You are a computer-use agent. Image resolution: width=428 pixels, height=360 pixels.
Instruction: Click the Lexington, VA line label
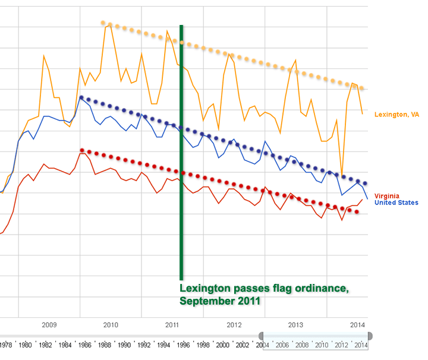click(x=396, y=114)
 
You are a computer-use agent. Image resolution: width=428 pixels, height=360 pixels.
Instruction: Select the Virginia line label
click(x=387, y=196)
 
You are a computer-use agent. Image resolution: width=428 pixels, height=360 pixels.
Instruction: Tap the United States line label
click(x=396, y=203)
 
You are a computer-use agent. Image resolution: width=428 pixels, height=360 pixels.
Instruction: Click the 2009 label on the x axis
click(x=49, y=325)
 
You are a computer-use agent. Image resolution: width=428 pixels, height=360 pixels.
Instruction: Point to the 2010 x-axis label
click(x=110, y=325)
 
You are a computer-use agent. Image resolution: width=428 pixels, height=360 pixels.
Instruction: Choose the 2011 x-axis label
click(x=172, y=325)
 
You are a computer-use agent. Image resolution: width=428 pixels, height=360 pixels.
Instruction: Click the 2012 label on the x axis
click(x=234, y=325)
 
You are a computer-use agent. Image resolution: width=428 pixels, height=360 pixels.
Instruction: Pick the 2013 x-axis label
click(x=295, y=325)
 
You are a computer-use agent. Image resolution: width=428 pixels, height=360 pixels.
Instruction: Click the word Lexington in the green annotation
click(x=206, y=289)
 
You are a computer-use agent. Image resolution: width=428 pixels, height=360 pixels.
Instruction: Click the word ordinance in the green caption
click(x=321, y=289)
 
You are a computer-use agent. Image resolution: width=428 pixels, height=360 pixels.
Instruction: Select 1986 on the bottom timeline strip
click(x=84, y=345)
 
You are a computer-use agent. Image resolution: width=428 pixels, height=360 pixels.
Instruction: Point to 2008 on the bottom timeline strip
click(x=301, y=345)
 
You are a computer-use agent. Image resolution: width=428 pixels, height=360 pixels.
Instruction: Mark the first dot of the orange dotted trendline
click(x=103, y=23)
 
